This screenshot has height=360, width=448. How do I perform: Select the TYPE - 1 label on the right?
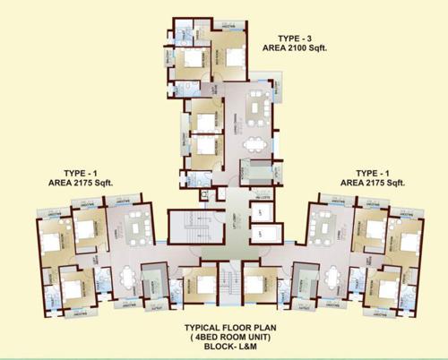(x=375, y=171)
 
